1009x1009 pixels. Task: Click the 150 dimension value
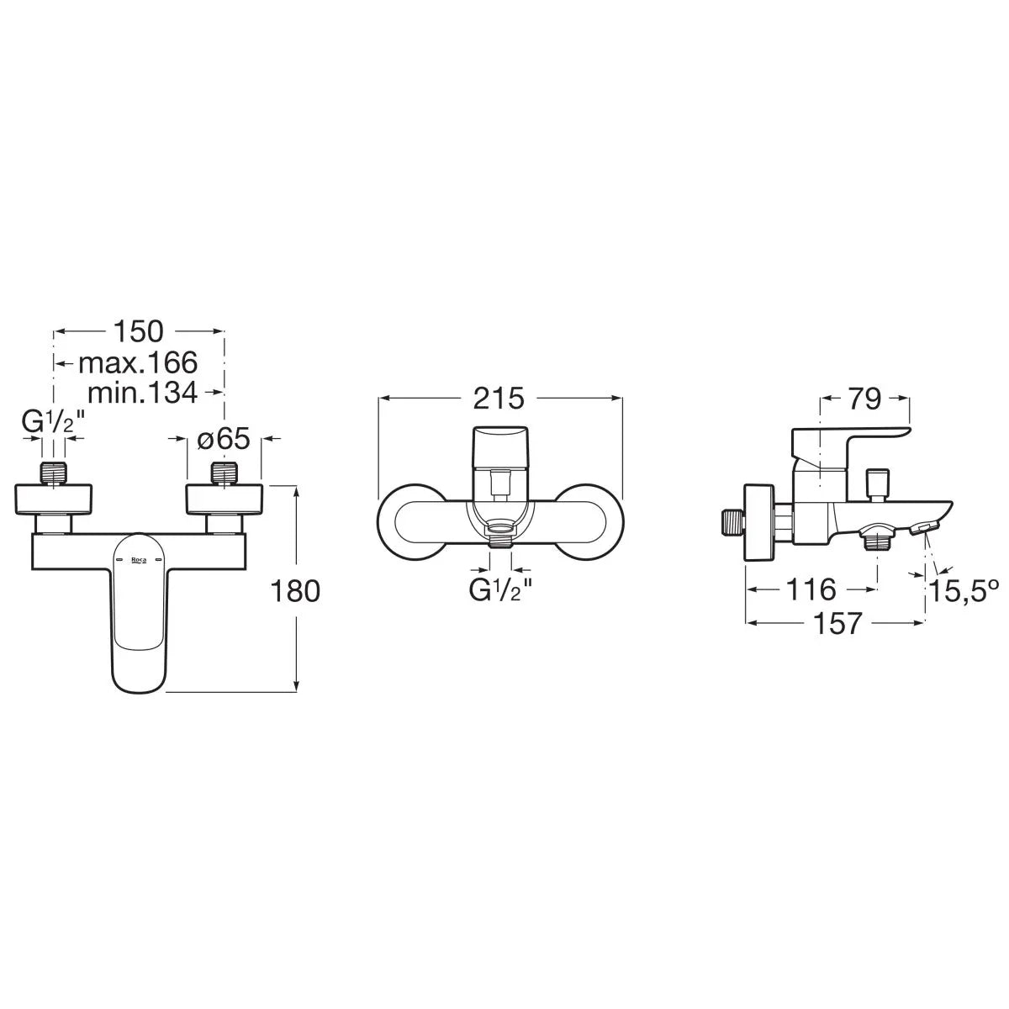click(x=139, y=331)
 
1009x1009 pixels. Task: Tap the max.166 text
click(x=138, y=362)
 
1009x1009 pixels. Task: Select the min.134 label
click(x=143, y=392)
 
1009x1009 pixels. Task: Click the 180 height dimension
click(x=295, y=592)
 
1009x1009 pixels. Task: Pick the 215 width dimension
click(x=499, y=399)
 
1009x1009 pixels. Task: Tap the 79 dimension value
click(x=864, y=400)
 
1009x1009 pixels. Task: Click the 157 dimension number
click(x=837, y=623)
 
